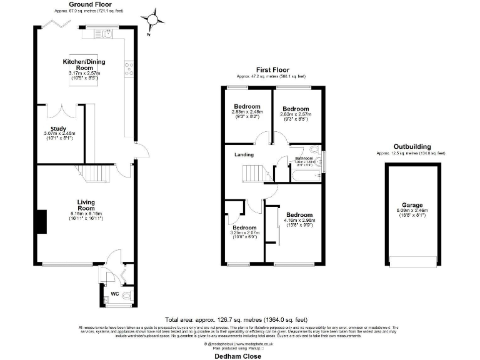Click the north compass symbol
point(151,20)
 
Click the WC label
point(114,293)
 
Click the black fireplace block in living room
point(41,222)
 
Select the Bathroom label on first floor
point(304,159)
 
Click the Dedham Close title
point(235,356)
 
